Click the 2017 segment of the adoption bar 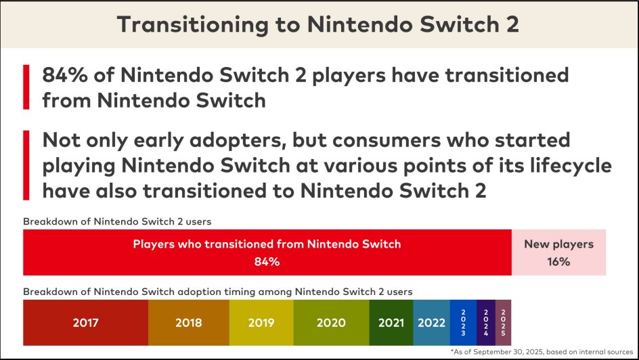[85, 323]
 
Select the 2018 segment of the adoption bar [188, 323]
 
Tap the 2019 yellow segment [261, 323]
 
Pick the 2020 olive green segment [331, 323]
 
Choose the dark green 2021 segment [391, 323]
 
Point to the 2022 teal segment [431, 323]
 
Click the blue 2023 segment [463, 323]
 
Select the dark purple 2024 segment [486, 323]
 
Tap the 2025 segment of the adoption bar [504, 323]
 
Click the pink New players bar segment [558, 252]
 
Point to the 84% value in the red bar [267, 262]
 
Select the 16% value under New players [558, 262]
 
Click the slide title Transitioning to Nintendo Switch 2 [319, 24]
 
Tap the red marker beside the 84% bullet [26, 87]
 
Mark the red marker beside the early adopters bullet [26, 165]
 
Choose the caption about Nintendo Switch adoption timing [218, 291]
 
